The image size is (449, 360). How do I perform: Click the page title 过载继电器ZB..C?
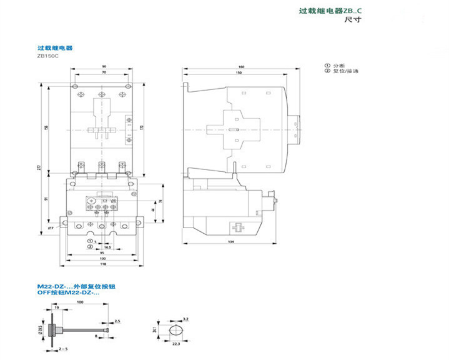coord(330,11)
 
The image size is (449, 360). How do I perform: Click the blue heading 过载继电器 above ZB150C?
coord(55,47)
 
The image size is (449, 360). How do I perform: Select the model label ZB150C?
coord(47,56)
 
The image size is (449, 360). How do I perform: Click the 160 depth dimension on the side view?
coord(241,67)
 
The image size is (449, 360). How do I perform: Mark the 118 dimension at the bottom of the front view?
coord(103,263)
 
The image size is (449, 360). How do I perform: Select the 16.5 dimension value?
coord(107,247)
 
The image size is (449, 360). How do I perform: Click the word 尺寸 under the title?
coord(353,20)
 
